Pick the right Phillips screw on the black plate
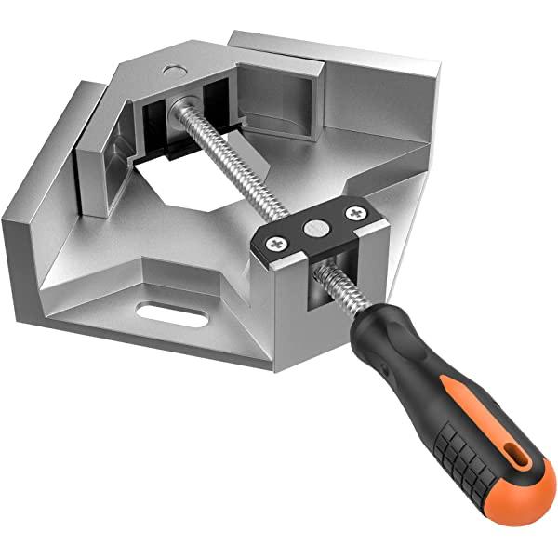click(x=354, y=215)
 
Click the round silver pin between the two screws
click(x=314, y=227)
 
